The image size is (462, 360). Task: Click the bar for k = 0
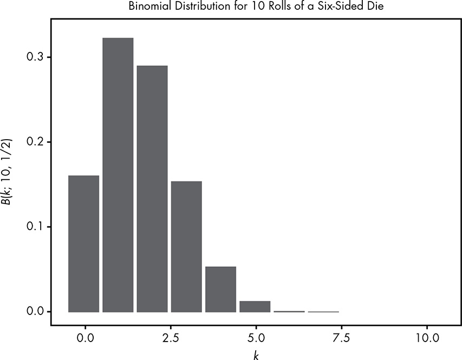coord(84,244)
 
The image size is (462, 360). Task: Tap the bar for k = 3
coord(186,247)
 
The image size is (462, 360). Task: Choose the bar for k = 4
coord(220,290)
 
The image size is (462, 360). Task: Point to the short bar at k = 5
coord(255,307)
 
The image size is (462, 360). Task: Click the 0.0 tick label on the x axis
coord(84,337)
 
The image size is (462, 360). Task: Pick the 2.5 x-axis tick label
coord(170,337)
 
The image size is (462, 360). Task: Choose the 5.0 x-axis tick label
coord(255,337)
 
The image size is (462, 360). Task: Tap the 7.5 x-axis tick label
coord(340,337)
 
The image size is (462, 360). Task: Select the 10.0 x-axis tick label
coord(427,337)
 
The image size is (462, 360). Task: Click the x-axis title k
coord(255,354)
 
